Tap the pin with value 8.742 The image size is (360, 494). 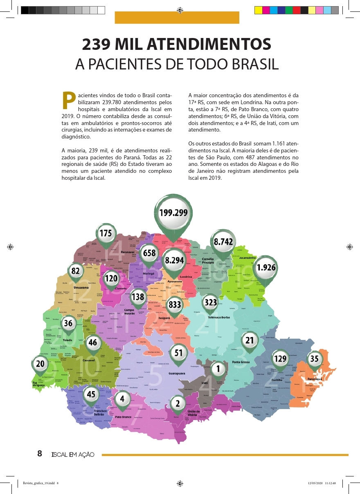(223, 242)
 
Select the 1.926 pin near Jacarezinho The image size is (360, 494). (266, 268)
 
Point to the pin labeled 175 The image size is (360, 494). (106, 234)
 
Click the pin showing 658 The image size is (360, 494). (149, 253)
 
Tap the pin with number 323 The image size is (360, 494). (211, 303)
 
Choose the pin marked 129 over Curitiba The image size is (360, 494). (280, 359)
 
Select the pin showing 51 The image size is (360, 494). (179, 353)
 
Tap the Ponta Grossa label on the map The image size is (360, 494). (241, 362)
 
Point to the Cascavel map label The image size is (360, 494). (89, 360)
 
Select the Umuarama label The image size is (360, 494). (81, 288)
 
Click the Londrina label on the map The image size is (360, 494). (186, 277)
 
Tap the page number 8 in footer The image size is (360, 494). (40, 454)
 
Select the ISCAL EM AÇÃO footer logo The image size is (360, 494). (73, 454)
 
